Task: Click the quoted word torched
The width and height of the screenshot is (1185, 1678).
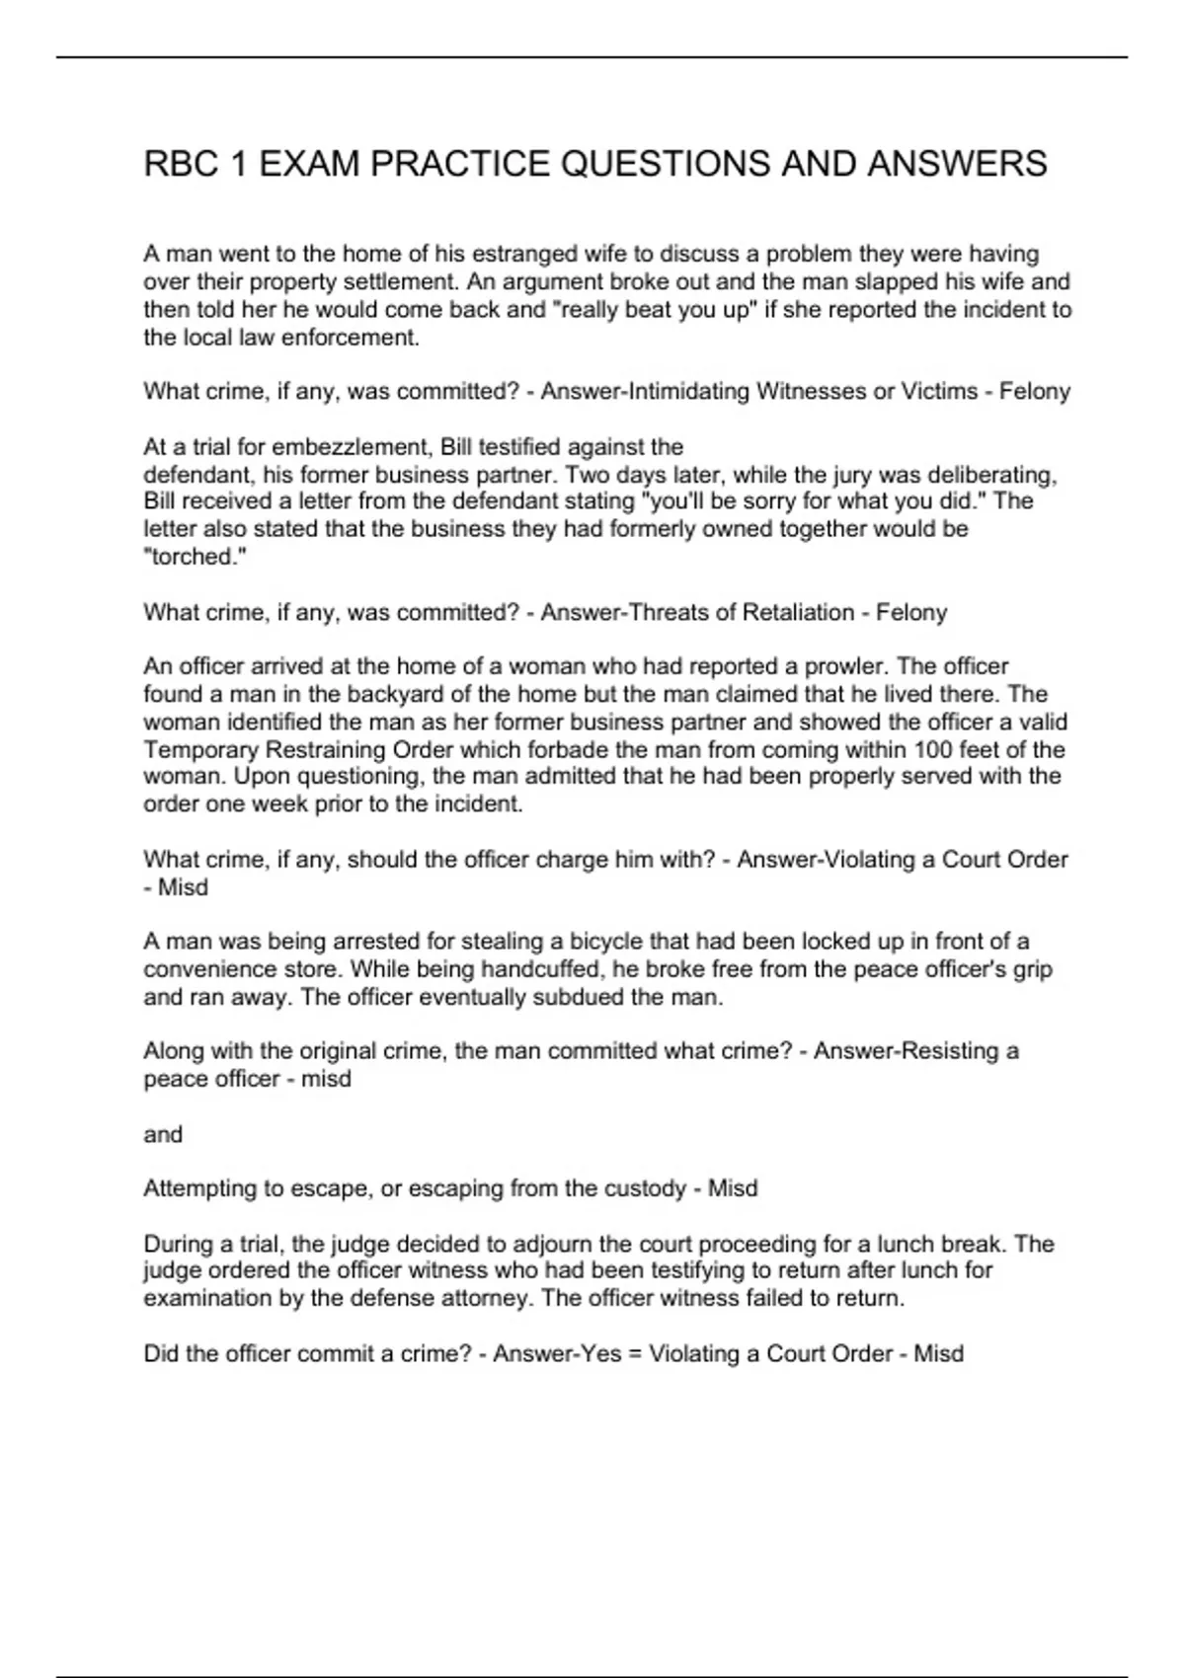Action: click(195, 557)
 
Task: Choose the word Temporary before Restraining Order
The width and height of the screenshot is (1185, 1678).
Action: click(201, 750)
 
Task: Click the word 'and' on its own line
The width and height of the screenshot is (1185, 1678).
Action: click(163, 1135)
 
